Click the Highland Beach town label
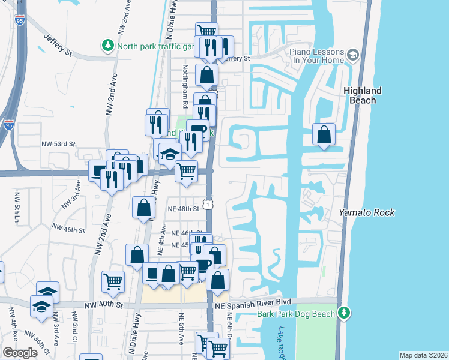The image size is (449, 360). point(363,95)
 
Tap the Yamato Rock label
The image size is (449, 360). point(360,212)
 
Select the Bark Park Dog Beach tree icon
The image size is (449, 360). point(343,313)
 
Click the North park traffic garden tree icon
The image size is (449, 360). point(108,46)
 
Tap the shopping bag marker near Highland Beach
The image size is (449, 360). point(324,135)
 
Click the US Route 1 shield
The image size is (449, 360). point(207,205)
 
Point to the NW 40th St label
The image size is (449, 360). point(108,305)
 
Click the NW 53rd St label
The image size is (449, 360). point(58,144)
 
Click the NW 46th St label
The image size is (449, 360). point(69,229)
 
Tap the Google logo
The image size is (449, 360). point(20,353)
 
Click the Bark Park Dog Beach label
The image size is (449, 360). point(297,313)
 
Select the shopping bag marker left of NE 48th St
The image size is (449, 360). point(144,208)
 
